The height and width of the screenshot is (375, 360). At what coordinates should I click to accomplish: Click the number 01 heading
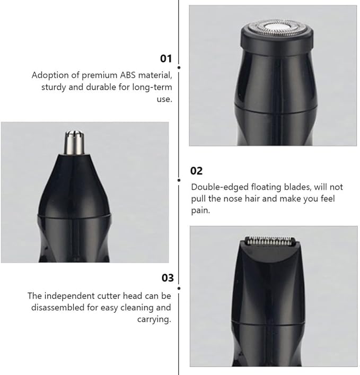[166, 58]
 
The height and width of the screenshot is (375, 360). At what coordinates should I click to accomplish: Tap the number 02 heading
[196, 171]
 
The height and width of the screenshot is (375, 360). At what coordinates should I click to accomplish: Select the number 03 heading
[168, 277]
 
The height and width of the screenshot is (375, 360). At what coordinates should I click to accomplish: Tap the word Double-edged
[219, 187]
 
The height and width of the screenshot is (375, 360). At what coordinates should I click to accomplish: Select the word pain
[200, 211]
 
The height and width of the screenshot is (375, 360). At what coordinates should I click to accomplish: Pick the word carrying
[154, 319]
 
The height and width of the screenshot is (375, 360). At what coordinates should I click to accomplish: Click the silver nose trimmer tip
[74, 142]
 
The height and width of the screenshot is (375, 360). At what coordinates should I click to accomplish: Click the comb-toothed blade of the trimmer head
[270, 241]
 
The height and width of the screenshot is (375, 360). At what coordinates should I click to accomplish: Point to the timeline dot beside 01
[179, 68]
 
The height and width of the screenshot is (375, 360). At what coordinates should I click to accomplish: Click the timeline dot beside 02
[179, 180]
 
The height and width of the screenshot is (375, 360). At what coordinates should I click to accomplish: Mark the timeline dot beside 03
[179, 289]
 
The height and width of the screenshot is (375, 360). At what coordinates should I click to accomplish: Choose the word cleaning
[137, 308]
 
